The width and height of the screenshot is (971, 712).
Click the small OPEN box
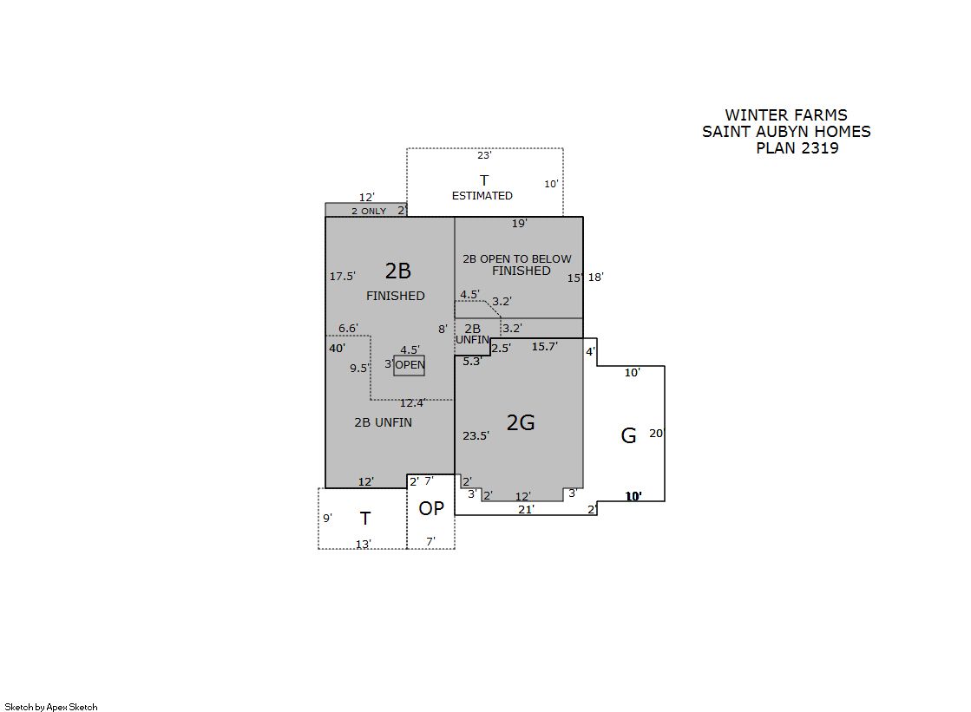click(x=410, y=365)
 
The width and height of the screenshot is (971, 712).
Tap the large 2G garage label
click(x=520, y=422)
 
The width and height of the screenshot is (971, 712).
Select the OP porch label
click(x=431, y=508)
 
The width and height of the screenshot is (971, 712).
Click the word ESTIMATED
click(x=482, y=196)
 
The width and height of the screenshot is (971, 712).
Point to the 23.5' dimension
click(x=476, y=436)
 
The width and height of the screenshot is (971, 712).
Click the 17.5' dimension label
click(x=343, y=276)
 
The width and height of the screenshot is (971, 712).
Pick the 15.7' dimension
click(x=544, y=347)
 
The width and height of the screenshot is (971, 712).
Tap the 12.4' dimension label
click(x=412, y=403)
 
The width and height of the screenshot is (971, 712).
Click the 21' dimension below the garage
click(x=526, y=510)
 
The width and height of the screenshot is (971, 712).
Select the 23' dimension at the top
click(x=483, y=155)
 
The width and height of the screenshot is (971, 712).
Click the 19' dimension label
click(x=519, y=224)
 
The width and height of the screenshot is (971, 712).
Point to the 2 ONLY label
click(x=369, y=211)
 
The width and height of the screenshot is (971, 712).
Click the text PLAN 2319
click(x=797, y=148)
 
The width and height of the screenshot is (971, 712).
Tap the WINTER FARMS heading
click(x=786, y=115)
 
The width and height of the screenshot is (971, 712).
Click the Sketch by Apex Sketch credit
click(x=51, y=707)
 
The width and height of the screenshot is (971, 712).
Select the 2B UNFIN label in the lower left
click(x=383, y=422)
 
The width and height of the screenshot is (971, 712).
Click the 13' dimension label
click(x=363, y=545)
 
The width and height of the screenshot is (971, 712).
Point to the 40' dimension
click(x=337, y=348)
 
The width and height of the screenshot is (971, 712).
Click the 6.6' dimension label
click(x=348, y=328)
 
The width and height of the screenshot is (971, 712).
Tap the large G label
click(x=628, y=436)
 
